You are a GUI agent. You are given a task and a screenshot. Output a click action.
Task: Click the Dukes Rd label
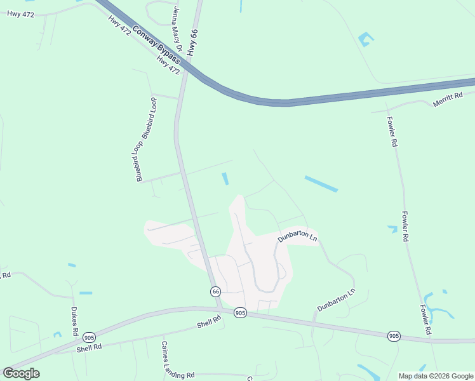pos(74,323)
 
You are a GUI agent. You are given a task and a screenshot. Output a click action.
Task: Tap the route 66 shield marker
pos(216,291)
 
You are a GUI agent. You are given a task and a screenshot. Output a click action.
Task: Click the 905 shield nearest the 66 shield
pos(239,312)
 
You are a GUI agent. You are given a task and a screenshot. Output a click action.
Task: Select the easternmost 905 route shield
pos(394,335)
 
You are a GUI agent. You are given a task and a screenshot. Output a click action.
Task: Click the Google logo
pos(21,373)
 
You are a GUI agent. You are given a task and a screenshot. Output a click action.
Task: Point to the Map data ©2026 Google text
pos(436,376)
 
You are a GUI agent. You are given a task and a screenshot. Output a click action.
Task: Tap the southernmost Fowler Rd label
pos(425,319)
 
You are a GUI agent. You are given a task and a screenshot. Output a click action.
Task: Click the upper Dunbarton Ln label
pos(297,237)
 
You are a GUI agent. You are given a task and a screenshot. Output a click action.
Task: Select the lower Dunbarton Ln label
pos(336,300)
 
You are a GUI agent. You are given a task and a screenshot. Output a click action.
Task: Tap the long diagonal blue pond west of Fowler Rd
pos(321,184)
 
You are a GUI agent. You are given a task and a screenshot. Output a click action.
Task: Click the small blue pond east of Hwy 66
pos(225,179)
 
